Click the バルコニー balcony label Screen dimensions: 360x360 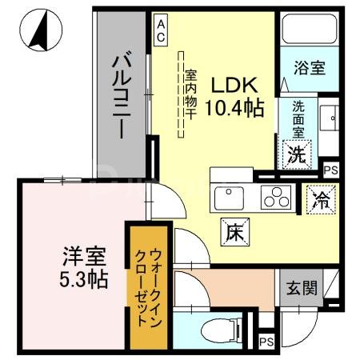122,94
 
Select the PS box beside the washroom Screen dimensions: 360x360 330,170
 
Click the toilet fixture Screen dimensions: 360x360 217,328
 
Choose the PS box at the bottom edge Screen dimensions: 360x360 267,343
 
